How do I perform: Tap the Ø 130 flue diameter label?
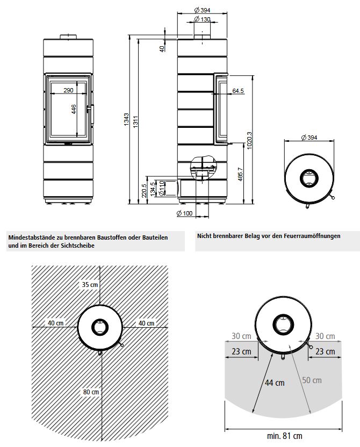pos(202,20)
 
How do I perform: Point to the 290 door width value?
pos(68,90)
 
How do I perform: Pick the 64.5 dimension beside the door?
pos(238,91)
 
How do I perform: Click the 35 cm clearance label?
pos(90,284)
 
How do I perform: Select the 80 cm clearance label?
pos(91,392)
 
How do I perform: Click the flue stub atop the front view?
pos(68,37)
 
